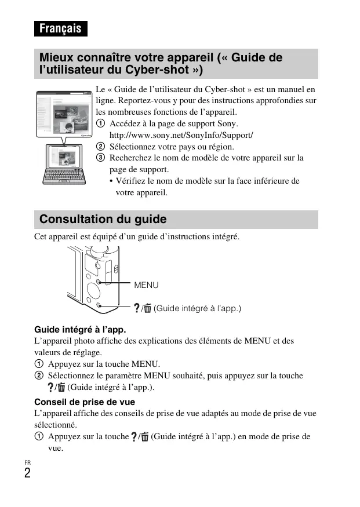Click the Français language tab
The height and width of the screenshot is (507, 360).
60,28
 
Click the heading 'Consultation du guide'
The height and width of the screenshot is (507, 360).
103,219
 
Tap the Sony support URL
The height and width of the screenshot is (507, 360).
181,135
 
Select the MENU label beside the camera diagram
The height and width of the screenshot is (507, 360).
146,285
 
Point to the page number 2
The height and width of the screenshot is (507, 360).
27,473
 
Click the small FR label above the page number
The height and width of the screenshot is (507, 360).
27,462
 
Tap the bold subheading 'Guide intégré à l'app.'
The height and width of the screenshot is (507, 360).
80,330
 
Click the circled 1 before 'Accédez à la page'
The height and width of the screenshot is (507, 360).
100,123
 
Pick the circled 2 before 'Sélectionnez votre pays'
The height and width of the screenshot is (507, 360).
100,147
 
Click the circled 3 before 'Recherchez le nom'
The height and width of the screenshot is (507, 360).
100,158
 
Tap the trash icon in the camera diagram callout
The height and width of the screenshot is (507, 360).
147,308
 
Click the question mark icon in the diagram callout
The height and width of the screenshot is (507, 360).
136,308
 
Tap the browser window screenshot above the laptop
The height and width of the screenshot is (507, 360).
64,114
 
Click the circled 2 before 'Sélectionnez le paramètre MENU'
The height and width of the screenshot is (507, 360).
39,375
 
